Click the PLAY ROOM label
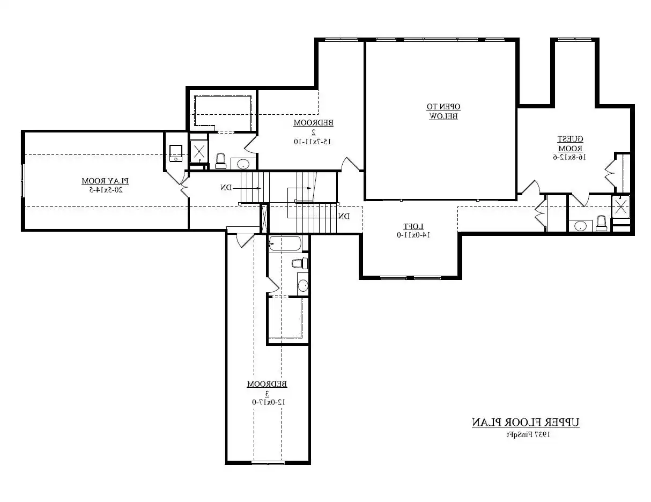(x=106, y=181)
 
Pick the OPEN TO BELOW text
(x=443, y=111)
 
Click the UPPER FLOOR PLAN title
(x=526, y=423)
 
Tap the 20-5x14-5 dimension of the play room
(x=106, y=189)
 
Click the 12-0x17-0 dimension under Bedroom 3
(x=267, y=402)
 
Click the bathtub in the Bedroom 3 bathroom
(x=285, y=244)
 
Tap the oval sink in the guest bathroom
(x=580, y=226)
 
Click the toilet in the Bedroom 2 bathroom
(x=220, y=160)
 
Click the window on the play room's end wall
(x=23, y=181)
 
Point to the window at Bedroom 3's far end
(x=268, y=462)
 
